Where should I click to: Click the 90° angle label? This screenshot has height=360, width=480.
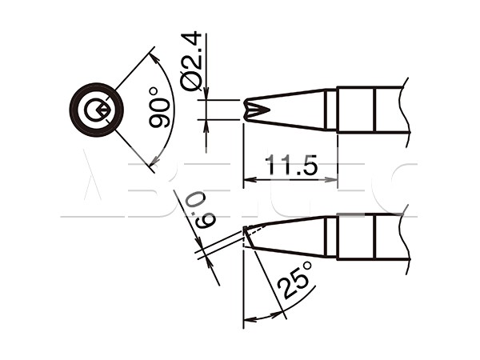coord(159,108)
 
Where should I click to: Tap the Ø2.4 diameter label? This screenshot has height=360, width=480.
coord(191,62)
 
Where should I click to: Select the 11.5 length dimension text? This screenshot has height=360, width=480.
coord(291,165)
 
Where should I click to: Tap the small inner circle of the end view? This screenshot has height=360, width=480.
coord(93,110)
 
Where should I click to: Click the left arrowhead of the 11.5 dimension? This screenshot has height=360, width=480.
coord(250,180)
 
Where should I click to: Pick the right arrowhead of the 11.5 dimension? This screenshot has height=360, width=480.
coord(331,180)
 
